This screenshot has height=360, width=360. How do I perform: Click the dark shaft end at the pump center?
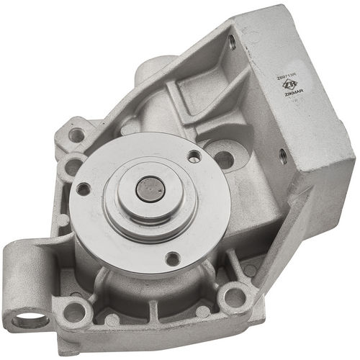click(150, 189)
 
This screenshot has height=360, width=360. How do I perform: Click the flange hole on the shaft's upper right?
click(193, 156)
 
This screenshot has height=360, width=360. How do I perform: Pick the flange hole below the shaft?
click(172, 258)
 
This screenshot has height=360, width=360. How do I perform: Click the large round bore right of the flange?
click(224, 160)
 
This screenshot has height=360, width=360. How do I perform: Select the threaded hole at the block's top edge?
click(232, 42)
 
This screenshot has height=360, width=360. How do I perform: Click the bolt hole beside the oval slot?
click(74, 312)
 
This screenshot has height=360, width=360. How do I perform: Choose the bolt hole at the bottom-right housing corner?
click(235, 297)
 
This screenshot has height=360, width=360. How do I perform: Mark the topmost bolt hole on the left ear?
click(76, 134)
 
